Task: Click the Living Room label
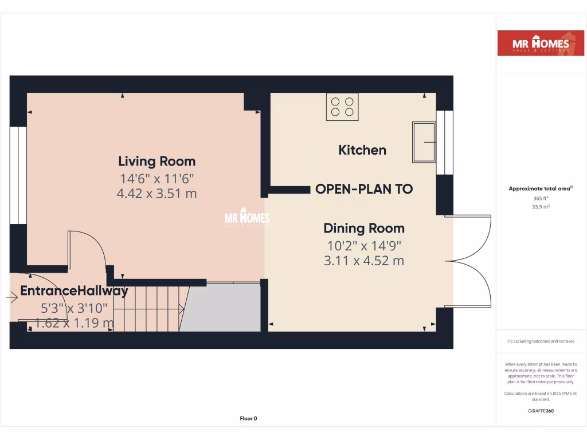[x=156, y=162]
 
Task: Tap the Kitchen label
[x=362, y=150]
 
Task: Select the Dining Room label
[x=364, y=228]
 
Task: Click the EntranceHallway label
[x=74, y=291]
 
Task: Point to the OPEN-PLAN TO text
[x=364, y=189]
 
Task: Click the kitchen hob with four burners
[x=342, y=107]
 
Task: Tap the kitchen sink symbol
[x=424, y=142]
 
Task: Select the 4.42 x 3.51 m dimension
[x=156, y=194]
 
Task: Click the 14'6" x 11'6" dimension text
[x=156, y=178]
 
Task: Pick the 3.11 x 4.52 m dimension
[x=364, y=261]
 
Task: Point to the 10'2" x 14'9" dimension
[x=364, y=246]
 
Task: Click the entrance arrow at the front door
[x=11, y=297]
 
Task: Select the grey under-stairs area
[x=221, y=308]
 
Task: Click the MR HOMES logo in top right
[x=533, y=44]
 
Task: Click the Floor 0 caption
[x=248, y=419]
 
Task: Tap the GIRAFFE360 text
[x=541, y=410]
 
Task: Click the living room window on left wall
[x=19, y=175]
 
